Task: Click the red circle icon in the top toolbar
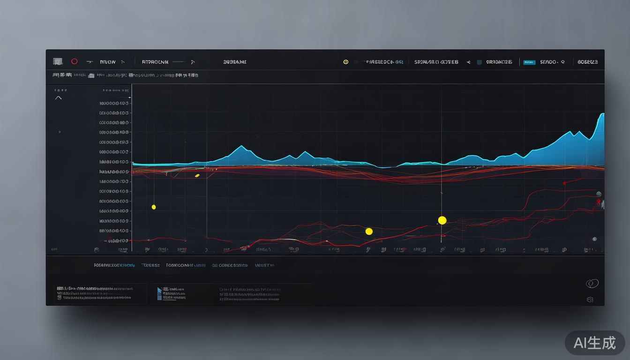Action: pos(74,61)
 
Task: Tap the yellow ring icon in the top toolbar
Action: pos(346,62)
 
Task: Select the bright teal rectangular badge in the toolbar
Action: pos(529,62)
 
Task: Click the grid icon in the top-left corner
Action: pos(58,61)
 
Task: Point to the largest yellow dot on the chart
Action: pos(442,220)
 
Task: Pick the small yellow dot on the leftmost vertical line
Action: pos(154,207)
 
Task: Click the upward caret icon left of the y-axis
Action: pos(59,98)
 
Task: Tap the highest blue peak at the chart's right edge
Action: pos(602,114)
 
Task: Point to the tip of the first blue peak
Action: pos(241,146)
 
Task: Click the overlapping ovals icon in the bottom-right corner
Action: pos(592,284)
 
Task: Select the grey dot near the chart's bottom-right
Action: pos(594,239)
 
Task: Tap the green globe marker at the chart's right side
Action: pos(599,194)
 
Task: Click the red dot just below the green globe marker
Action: pos(598,201)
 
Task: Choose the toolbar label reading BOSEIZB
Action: pos(587,62)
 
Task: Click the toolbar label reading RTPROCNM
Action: pos(155,62)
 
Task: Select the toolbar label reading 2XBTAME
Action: pos(235,62)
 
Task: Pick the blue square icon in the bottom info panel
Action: pos(159,291)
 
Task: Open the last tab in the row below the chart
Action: pos(264,265)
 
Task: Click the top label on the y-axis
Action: pos(114,103)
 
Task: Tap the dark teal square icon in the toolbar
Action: pos(479,62)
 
